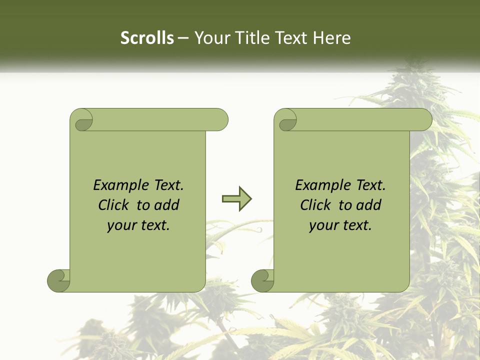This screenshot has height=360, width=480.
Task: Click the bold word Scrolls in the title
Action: pyautogui.click(x=147, y=38)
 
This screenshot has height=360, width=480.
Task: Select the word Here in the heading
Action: pyautogui.click(x=331, y=38)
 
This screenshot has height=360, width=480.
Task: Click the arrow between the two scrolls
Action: pyautogui.click(x=236, y=199)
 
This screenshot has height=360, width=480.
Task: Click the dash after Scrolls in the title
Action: pyautogui.click(x=183, y=38)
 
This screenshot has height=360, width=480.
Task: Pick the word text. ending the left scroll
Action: pyautogui.click(x=154, y=225)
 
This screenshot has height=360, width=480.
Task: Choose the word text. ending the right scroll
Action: pyautogui.click(x=356, y=225)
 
